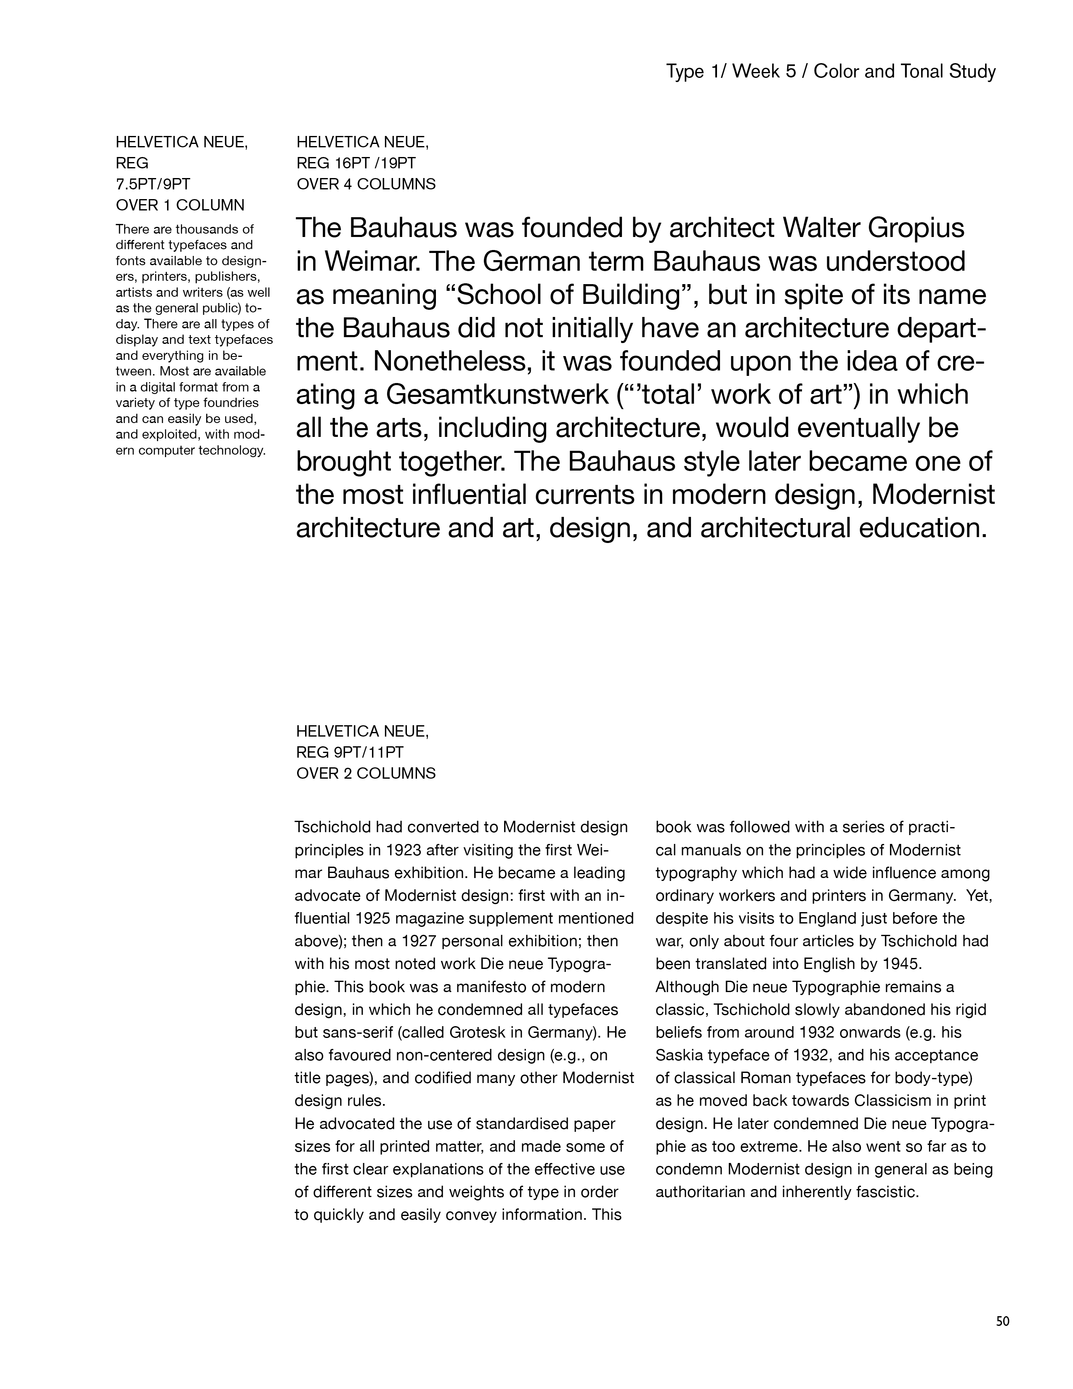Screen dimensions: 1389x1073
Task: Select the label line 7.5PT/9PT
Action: pyautogui.click(x=153, y=184)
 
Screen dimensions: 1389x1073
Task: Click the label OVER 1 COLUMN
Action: pyautogui.click(x=180, y=205)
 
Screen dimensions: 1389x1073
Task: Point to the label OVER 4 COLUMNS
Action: pyautogui.click(x=366, y=184)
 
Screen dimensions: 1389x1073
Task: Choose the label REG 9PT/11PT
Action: pyautogui.click(x=350, y=753)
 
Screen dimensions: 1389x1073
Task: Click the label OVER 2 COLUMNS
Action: pyautogui.click(x=366, y=773)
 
